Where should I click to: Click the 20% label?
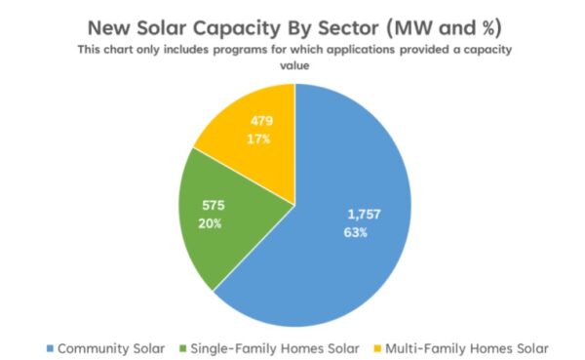[x=212, y=223]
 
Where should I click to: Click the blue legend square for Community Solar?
[x=50, y=347]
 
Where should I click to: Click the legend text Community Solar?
[x=110, y=347]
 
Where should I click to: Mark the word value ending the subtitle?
[x=293, y=65]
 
